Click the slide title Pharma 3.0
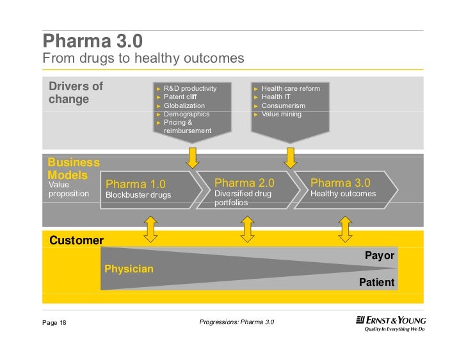click(x=92, y=42)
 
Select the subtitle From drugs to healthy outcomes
click(x=143, y=59)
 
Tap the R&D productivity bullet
click(x=189, y=88)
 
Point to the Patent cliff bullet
click(x=180, y=97)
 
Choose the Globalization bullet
click(x=184, y=106)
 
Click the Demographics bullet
click(x=186, y=114)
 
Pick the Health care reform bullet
click(x=290, y=88)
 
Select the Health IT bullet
click(x=276, y=97)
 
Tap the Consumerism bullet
click(x=283, y=106)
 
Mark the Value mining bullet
click(x=281, y=114)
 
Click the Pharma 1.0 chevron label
click(x=136, y=185)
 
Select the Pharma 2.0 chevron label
click(x=245, y=183)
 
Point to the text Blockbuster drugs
click(x=138, y=195)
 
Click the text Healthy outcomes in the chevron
click(x=343, y=194)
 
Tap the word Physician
click(x=129, y=269)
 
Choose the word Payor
click(x=380, y=256)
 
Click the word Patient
click(x=378, y=282)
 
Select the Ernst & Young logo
click(x=390, y=324)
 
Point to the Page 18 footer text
click(x=54, y=322)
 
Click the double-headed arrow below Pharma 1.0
click(x=150, y=229)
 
